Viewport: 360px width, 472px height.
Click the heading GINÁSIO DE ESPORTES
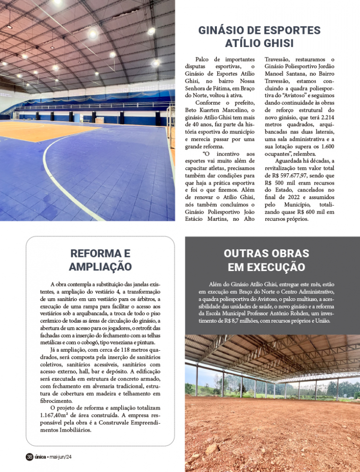(x=259, y=31)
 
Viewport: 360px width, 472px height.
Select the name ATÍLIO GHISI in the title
(x=259, y=44)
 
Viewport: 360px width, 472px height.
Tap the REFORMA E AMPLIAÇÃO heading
(x=100, y=260)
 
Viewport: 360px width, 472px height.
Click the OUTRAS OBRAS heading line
(x=266, y=254)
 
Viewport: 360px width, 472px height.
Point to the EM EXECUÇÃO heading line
(x=266, y=267)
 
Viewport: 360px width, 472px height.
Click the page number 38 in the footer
(x=29, y=457)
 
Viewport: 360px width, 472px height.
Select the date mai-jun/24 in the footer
(x=60, y=457)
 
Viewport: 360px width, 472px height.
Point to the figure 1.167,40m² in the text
(x=55, y=416)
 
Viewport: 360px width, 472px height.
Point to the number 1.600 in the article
(x=325, y=146)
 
